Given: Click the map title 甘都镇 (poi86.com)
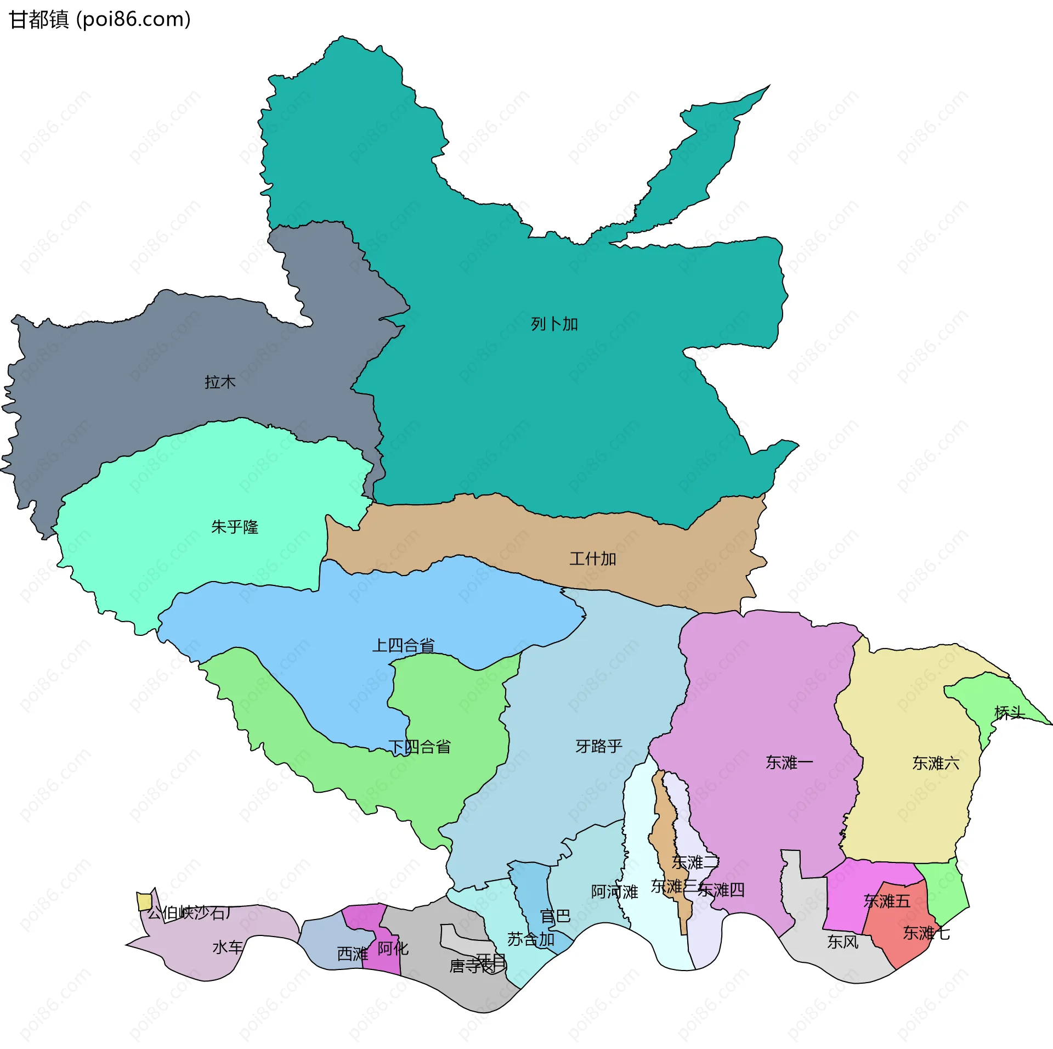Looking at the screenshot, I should (x=100, y=20).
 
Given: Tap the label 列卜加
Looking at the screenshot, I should (x=554, y=324).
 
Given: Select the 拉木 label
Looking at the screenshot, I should (x=220, y=382).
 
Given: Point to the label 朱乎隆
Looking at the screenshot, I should (x=234, y=527).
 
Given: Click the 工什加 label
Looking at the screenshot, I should (x=592, y=559).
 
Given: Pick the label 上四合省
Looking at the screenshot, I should (x=403, y=645).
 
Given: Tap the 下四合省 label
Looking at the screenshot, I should (x=420, y=747).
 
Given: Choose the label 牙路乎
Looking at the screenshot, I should (x=599, y=746).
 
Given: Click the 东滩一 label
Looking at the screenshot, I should (x=789, y=763).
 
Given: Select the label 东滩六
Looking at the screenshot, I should (x=936, y=763).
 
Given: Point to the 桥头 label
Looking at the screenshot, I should (x=1009, y=713).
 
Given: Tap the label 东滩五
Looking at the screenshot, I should (x=886, y=901).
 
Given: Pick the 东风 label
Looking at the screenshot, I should (x=842, y=942).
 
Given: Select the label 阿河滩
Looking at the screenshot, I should (x=614, y=892).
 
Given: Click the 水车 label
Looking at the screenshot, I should (x=227, y=947).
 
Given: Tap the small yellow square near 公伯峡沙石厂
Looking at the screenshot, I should (x=144, y=901).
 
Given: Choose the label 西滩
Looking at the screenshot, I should (x=352, y=954).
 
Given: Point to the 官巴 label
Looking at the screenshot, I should (x=555, y=916).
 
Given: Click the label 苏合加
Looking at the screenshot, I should (x=530, y=940).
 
